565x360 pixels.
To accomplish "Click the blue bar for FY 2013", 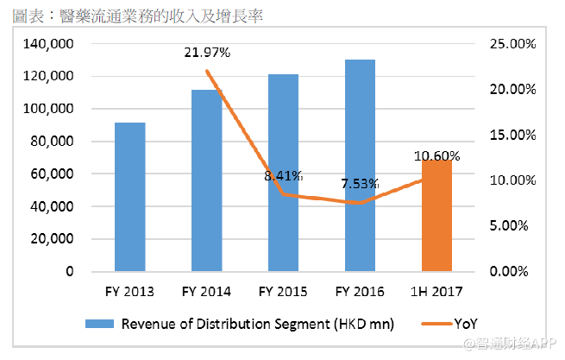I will pyautogui.click(x=129, y=197).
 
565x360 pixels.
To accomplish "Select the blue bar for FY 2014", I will pyautogui.click(x=206, y=180).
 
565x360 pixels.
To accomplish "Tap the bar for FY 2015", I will pyautogui.click(x=283, y=173).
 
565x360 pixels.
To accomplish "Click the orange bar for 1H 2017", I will pyautogui.click(x=436, y=216).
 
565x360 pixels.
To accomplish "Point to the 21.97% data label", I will pyautogui.click(x=207, y=53).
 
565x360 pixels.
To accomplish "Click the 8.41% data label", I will pyautogui.click(x=284, y=176).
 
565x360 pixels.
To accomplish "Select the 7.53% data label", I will pyautogui.click(x=361, y=185).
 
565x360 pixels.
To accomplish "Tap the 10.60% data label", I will pyautogui.click(x=437, y=155).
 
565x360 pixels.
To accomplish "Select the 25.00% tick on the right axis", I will pyautogui.click(x=512, y=44).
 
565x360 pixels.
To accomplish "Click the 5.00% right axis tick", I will pyautogui.click(x=516, y=226).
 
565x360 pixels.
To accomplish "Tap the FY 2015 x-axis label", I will pyautogui.click(x=283, y=291).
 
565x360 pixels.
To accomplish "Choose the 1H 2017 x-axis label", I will pyautogui.click(x=436, y=291).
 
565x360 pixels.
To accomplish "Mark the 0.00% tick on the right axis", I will pyautogui.click(x=516, y=272).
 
